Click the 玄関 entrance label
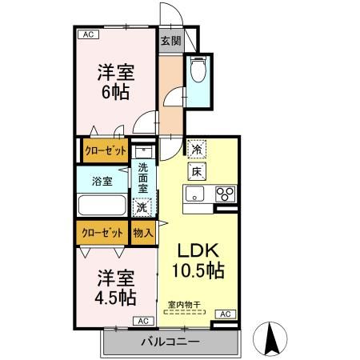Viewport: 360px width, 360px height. [x=170, y=41]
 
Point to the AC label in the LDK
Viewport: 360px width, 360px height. [x=225, y=314]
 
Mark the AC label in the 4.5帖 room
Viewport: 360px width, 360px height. [x=143, y=321]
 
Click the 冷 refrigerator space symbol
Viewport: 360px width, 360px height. [x=196, y=149]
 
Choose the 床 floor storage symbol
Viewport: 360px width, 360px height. [x=196, y=170]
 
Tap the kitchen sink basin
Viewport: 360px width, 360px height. [x=197, y=194]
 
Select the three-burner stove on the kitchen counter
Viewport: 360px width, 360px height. [x=226, y=194]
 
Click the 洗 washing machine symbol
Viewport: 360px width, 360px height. [x=142, y=207]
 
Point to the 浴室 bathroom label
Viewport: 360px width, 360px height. [x=102, y=180]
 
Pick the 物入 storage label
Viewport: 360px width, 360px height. [x=142, y=233]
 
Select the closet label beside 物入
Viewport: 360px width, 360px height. [x=102, y=233]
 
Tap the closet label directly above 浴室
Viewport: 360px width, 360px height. [x=102, y=150]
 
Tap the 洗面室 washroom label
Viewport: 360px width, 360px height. [x=142, y=178]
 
